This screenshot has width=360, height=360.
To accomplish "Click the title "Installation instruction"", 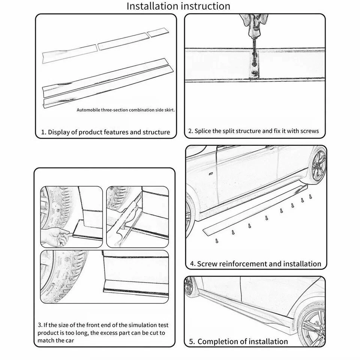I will [178, 6].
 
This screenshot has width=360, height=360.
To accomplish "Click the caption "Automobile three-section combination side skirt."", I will [126, 110].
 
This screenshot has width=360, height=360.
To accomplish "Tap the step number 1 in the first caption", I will [43, 132].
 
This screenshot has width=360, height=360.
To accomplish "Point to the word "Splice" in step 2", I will [205, 131].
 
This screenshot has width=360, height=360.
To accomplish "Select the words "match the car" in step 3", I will [56, 340].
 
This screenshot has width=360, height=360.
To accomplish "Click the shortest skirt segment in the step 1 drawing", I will [159, 33].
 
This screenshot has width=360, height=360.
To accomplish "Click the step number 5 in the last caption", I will [191, 341].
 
